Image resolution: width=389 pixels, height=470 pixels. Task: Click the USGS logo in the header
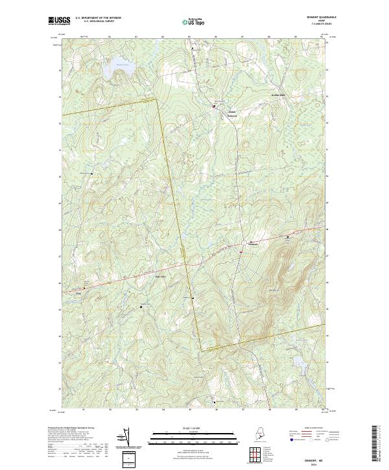59,21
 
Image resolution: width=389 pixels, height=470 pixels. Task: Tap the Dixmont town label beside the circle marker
253,244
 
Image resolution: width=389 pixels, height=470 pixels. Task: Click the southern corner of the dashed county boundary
200,351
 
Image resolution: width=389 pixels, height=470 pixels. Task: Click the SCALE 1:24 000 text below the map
186,427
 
